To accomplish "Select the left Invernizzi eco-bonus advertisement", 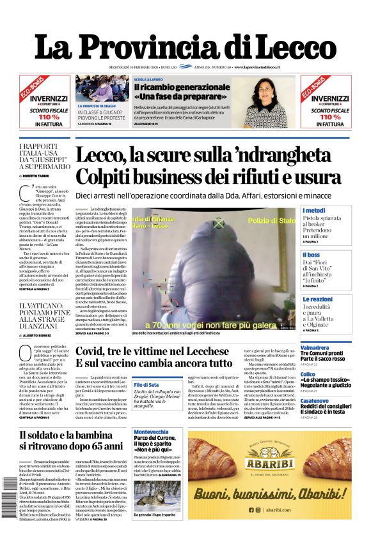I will click(x=44, y=102).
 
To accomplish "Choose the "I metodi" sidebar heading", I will click(x=314, y=211).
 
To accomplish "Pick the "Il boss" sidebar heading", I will click(x=312, y=255).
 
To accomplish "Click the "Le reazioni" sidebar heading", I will click(x=318, y=299).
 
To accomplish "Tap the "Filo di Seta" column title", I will click(x=146, y=384).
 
